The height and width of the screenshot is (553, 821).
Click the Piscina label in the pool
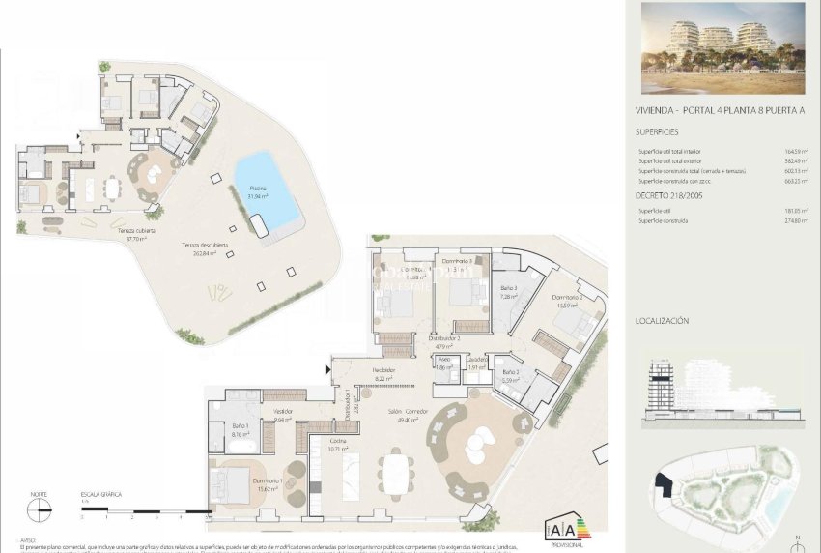pyautogui.click(x=257, y=189)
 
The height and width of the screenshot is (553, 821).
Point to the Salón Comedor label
pyautogui.click(x=409, y=412)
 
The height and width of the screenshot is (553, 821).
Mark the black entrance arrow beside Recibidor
pyautogui.click(x=331, y=367)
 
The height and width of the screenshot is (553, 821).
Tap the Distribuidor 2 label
pyautogui.click(x=444, y=339)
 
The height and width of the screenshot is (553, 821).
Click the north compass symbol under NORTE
pyautogui.click(x=39, y=512)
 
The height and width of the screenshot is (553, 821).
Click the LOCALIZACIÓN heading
pyautogui.click(x=662, y=319)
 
